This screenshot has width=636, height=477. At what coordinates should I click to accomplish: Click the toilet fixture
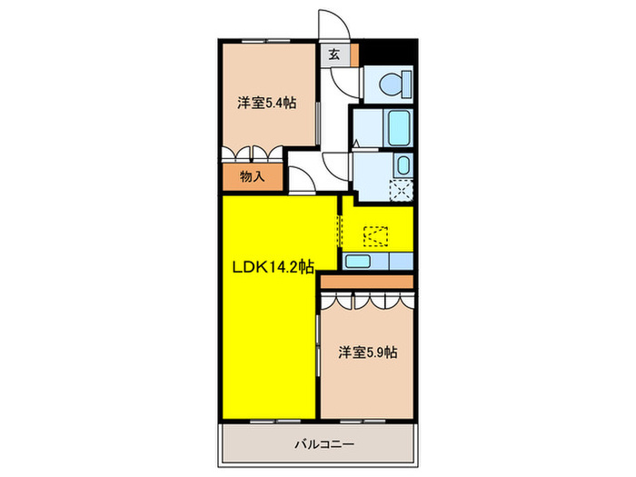[x=389, y=84]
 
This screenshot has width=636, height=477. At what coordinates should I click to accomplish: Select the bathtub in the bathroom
[x=398, y=127]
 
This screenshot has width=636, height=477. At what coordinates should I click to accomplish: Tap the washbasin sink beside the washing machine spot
[x=402, y=165]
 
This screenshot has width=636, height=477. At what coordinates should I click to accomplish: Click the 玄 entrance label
[x=333, y=54]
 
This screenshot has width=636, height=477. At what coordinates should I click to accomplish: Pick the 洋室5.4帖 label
[x=267, y=103]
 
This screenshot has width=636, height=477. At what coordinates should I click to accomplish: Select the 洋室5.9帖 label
[x=369, y=351]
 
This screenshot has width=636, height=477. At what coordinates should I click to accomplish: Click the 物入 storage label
[x=252, y=177]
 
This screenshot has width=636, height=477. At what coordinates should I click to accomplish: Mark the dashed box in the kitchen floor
[x=374, y=235]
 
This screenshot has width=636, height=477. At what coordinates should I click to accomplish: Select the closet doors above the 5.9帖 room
[x=368, y=303]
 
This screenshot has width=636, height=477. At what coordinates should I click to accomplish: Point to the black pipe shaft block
[x=389, y=53]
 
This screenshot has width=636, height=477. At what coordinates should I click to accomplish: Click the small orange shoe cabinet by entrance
[x=354, y=54]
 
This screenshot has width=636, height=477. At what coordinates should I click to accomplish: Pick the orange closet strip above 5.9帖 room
[x=368, y=283]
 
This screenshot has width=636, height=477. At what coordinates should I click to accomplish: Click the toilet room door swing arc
[x=343, y=83]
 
